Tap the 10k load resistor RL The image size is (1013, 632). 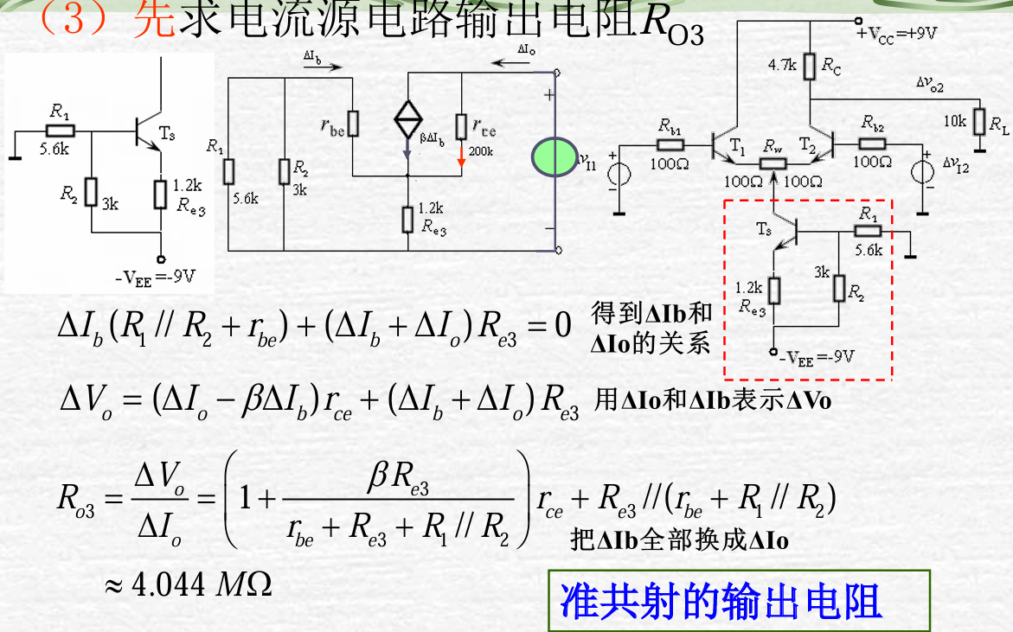pos(979,122)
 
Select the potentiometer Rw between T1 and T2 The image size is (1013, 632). pos(773,164)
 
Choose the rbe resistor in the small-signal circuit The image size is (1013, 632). pos(352,124)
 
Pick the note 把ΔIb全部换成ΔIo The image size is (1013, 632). pos(680,540)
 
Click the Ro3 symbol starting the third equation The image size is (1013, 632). pos(76,498)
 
